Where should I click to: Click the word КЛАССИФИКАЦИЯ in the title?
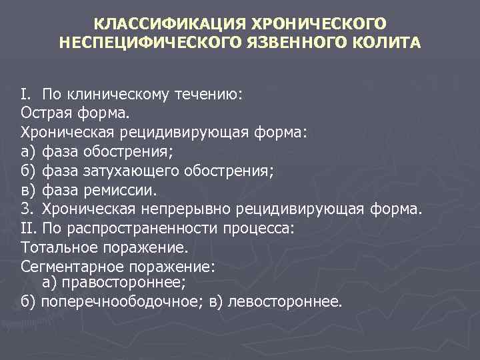pos(167,24)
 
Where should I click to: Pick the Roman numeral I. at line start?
pos(27,95)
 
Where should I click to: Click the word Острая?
pos(46,113)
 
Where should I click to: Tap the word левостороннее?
pos(285,301)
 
